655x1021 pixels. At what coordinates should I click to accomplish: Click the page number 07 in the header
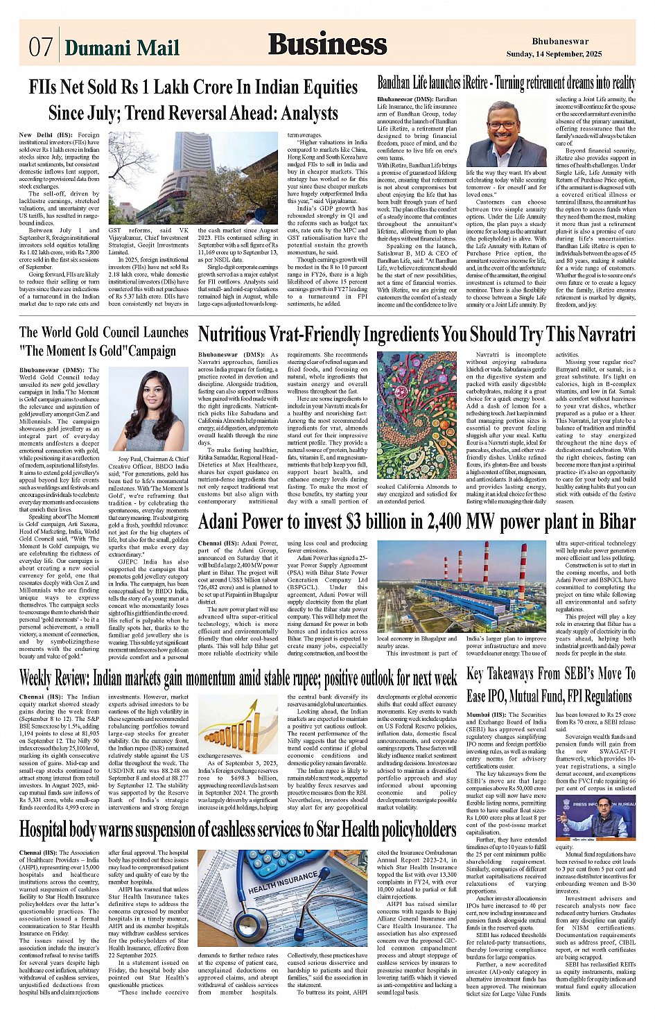click(x=40, y=47)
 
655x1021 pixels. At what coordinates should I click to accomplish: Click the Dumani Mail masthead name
click(x=122, y=47)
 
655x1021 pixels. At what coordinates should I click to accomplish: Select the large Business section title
click(x=327, y=44)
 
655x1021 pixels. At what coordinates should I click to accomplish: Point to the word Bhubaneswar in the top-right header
click(x=560, y=42)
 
